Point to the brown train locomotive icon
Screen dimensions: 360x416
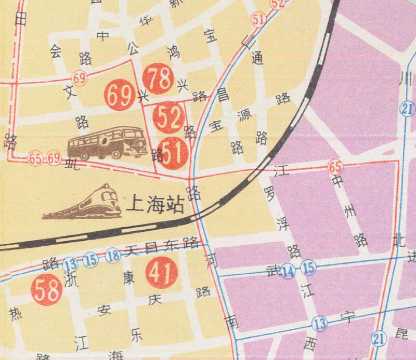click(x=83, y=204)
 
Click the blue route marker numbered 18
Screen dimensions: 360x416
click(x=113, y=256)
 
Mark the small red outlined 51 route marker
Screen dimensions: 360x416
click(x=257, y=20)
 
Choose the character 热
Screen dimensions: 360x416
click(x=15, y=314)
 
